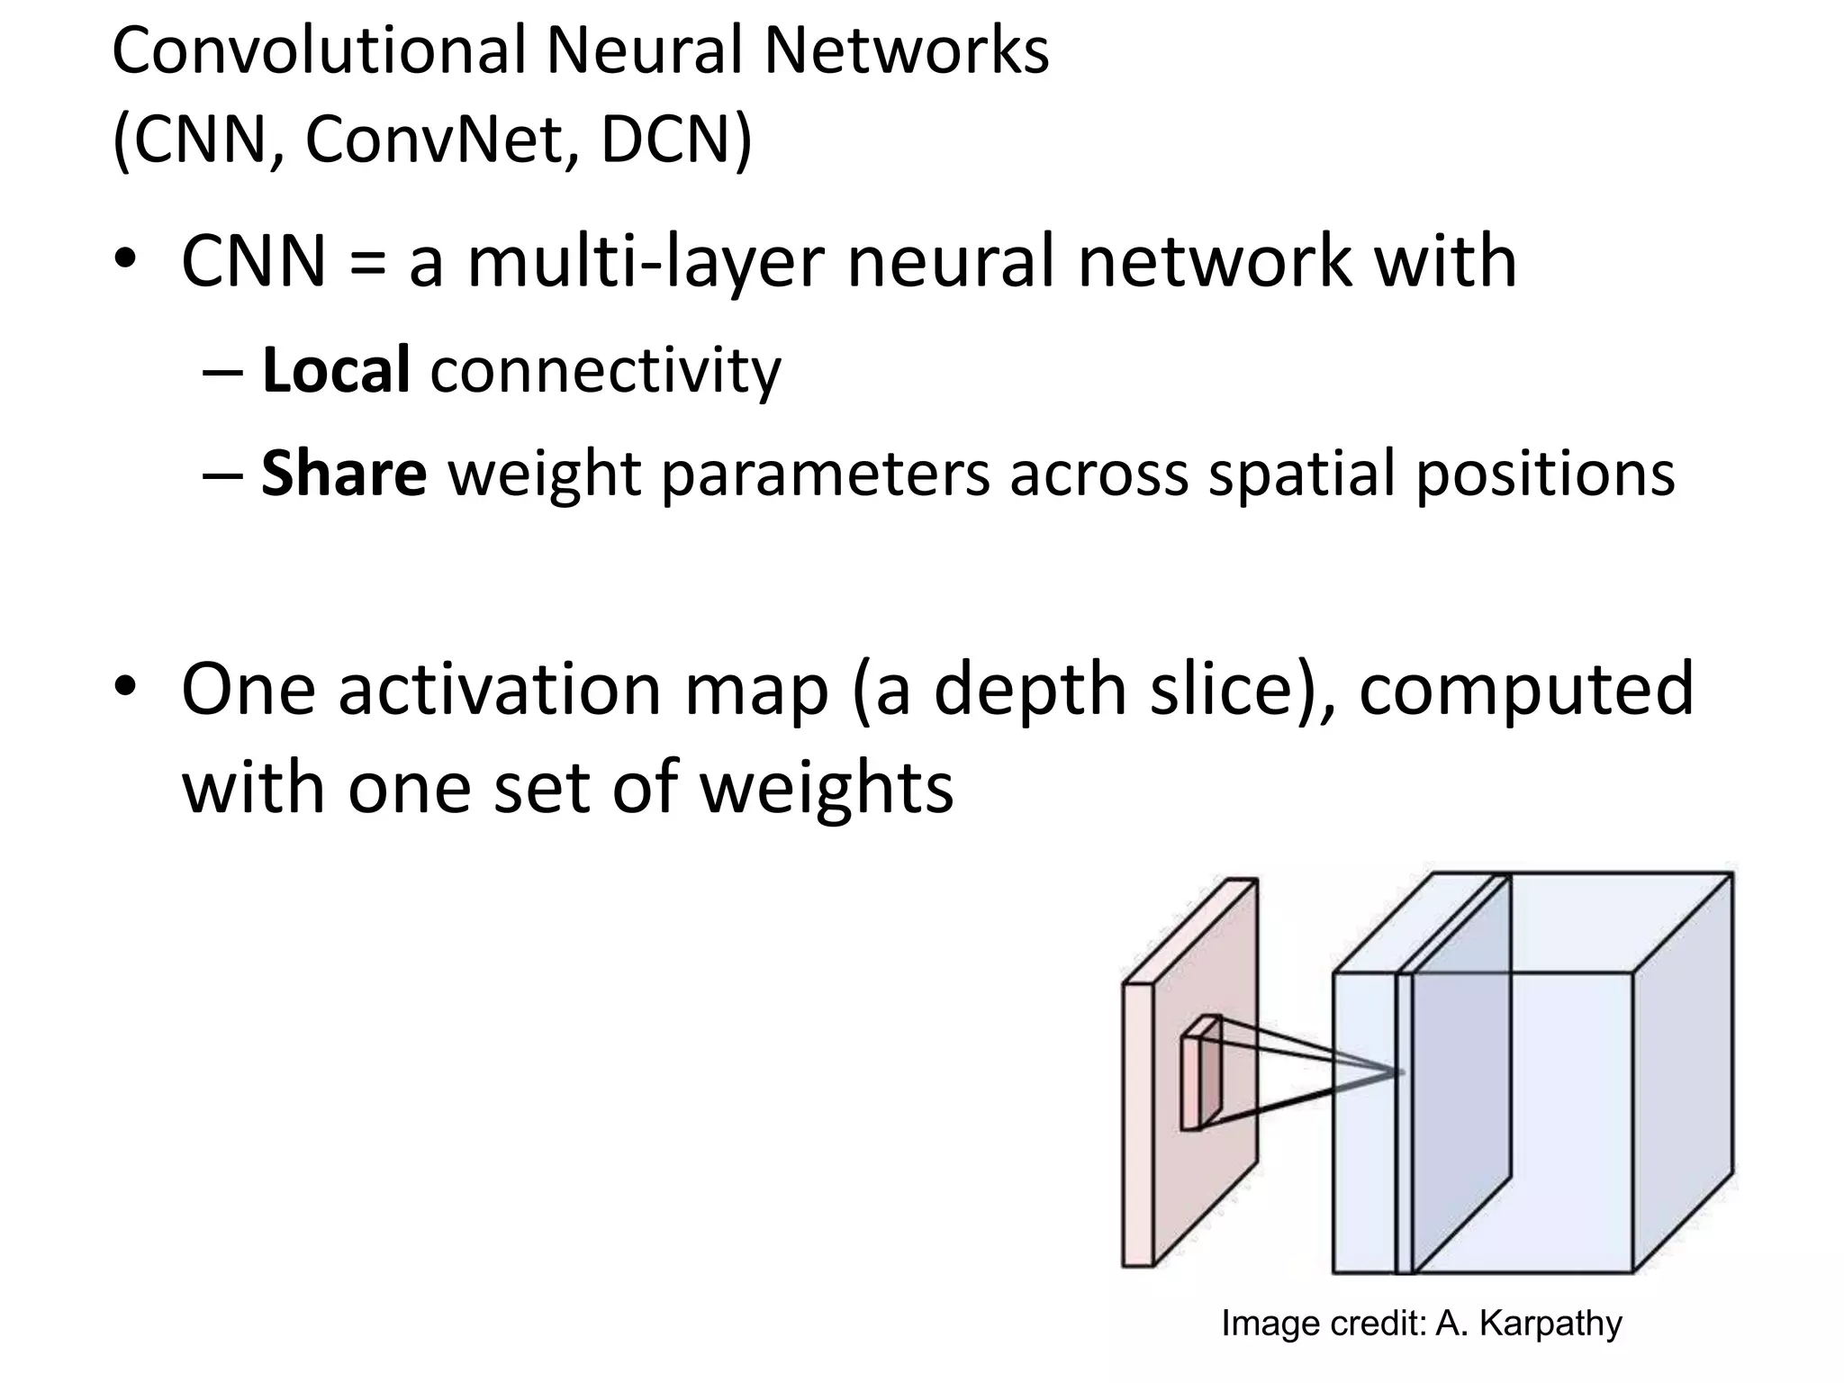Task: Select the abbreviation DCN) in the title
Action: pos(675,140)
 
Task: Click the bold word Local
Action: pos(336,370)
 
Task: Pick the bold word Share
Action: pos(344,474)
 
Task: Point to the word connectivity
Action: pos(606,372)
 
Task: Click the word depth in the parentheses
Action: pos(1029,690)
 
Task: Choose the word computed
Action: pos(1525,690)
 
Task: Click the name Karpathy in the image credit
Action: pos(1550,1324)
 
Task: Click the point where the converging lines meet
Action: pos(1402,1072)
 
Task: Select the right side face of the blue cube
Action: pos(1682,1071)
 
